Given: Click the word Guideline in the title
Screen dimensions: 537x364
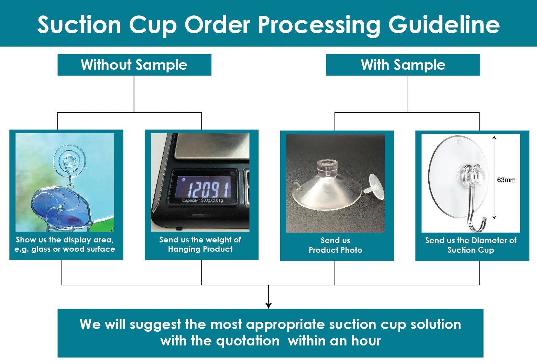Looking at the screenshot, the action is tap(444, 25).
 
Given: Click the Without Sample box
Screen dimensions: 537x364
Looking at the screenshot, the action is tap(134, 65).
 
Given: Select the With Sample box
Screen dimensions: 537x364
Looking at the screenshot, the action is tap(403, 65).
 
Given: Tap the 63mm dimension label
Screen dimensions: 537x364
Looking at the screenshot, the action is tap(506, 180).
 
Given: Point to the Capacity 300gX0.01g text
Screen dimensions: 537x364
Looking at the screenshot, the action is tap(202, 200).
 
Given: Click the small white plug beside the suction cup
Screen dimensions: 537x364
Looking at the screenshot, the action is tap(374, 187).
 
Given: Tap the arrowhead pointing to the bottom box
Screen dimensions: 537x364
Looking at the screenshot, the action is tap(268, 306).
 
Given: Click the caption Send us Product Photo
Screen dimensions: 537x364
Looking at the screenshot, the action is tap(336, 245).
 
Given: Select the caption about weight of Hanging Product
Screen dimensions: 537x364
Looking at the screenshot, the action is tap(200, 244).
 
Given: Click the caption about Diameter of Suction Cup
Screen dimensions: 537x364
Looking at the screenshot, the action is tap(471, 245).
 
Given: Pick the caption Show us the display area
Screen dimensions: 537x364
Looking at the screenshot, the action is tap(65, 244).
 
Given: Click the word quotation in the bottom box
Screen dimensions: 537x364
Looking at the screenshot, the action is tap(248, 341).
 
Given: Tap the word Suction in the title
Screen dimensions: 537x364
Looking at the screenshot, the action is tap(79, 25).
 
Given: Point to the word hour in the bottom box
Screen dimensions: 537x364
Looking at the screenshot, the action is tap(366, 341).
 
